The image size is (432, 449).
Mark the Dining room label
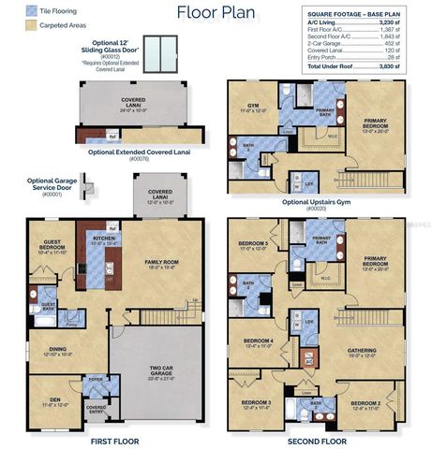tap(57, 351)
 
